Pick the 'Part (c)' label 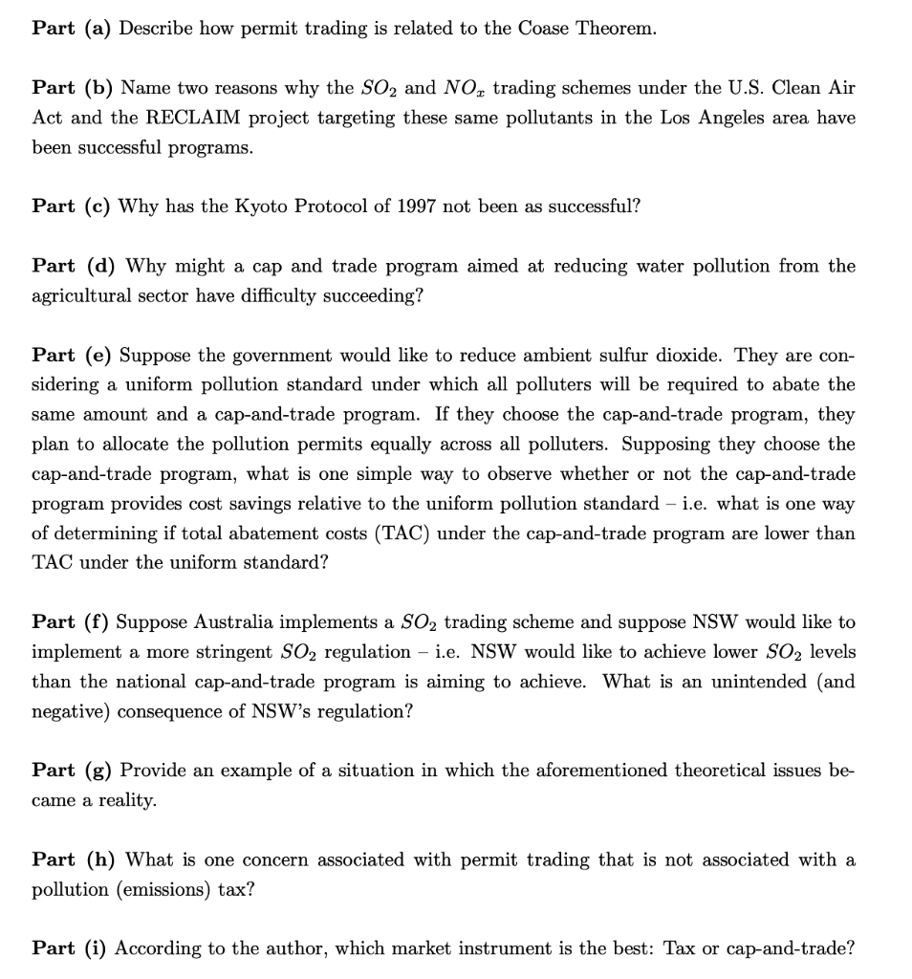point(70,206)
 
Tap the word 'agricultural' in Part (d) point(80,295)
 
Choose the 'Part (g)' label point(71,770)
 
